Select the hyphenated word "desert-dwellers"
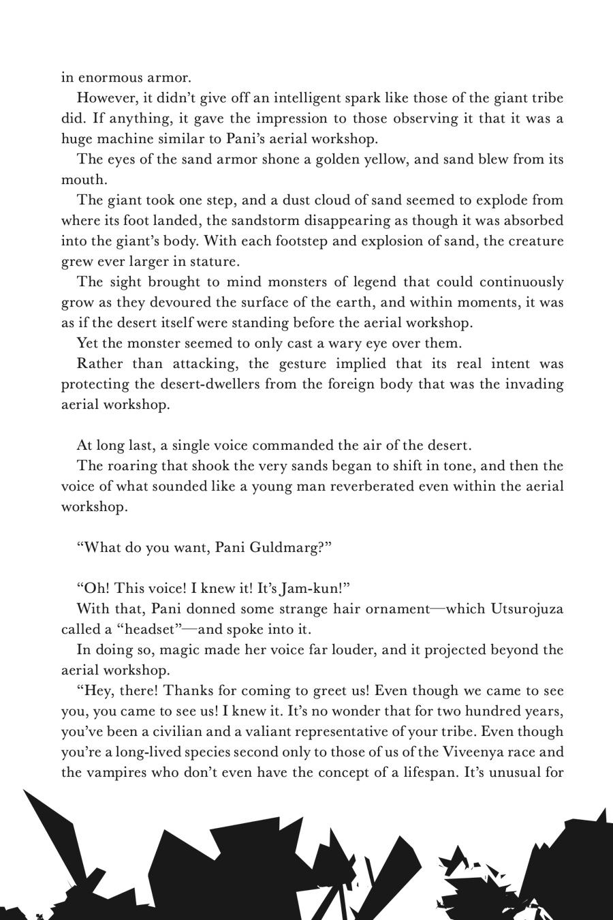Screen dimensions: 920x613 [x=210, y=384]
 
